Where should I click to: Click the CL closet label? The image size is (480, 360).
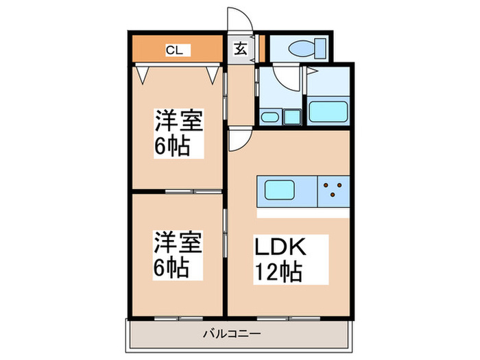174,50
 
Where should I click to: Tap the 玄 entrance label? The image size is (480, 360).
241,49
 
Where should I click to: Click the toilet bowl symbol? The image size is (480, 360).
302,49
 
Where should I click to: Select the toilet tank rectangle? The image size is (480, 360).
320,49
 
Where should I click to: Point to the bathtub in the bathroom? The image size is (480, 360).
328,112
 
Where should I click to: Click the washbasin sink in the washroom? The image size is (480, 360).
269,117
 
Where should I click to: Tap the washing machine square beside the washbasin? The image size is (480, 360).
291,117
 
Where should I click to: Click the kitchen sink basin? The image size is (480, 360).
280,190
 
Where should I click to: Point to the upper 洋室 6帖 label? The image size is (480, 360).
179,133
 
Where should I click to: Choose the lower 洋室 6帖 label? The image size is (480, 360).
178,255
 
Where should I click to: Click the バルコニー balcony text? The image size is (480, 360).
232,333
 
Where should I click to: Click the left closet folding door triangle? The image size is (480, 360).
143,75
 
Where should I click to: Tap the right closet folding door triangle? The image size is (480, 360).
213,75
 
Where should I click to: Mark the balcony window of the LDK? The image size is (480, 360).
289,318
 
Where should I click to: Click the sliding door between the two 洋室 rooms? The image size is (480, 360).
193,191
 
